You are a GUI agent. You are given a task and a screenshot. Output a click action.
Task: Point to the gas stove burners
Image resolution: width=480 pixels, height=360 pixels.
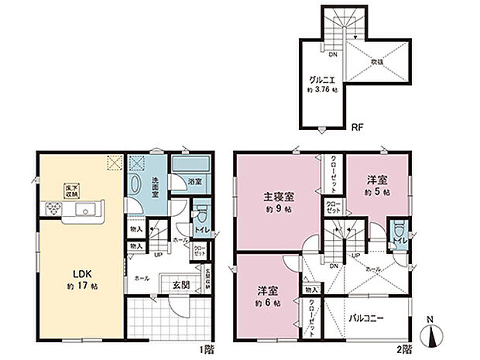point(53,208)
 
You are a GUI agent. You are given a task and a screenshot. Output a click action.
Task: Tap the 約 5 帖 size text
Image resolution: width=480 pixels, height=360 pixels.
point(377,191)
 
